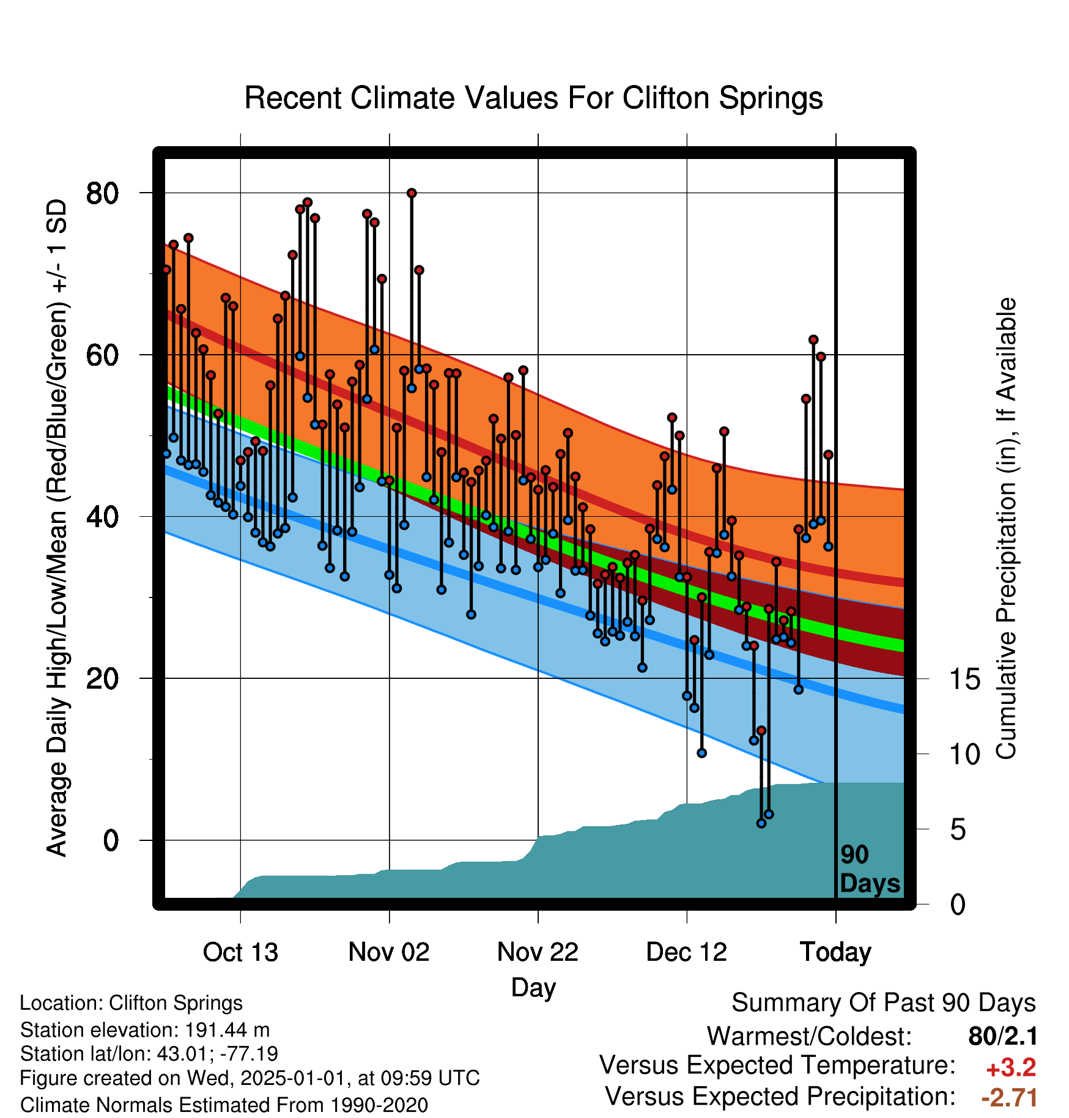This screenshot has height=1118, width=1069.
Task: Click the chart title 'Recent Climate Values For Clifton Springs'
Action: [533, 98]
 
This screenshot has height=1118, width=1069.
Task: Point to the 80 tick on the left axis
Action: [102, 193]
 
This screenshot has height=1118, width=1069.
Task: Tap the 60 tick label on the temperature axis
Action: [102, 355]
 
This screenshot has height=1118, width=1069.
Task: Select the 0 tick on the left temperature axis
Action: [111, 840]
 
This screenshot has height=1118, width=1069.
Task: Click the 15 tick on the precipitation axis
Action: [964, 679]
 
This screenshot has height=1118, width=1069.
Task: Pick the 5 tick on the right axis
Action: [958, 830]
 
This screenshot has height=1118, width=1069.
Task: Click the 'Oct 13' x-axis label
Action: [240, 952]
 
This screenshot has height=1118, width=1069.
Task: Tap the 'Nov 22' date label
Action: [538, 952]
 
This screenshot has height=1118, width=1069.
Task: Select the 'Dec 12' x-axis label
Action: [686, 952]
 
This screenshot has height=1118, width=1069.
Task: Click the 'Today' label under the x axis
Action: [835, 952]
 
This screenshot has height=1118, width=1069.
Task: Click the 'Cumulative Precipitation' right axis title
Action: [1006, 528]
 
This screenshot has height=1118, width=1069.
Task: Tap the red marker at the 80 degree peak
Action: [412, 193]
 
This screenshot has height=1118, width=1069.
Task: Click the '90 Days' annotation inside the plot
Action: [870, 869]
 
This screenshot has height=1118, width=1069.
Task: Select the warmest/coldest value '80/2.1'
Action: [1003, 1036]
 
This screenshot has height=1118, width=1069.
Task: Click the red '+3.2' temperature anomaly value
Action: [1011, 1068]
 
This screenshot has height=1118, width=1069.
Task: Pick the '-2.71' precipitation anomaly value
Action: [1009, 1098]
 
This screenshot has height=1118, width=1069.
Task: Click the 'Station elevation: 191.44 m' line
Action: [145, 1030]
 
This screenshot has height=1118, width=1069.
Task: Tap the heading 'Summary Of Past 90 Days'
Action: [884, 1003]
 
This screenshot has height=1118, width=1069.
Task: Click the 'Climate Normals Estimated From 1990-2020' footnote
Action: [224, 1105]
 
